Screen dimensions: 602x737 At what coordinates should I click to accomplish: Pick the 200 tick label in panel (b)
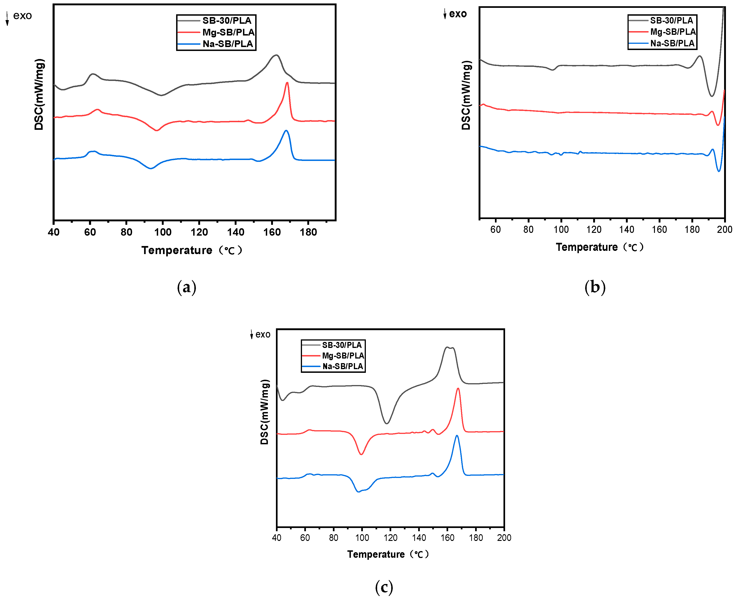click(725, 229)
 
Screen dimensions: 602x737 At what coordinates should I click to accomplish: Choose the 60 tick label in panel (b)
click(495, 229)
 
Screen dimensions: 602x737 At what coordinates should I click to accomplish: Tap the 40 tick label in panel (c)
click(277, 537)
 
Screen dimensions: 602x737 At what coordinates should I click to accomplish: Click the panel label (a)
click(186, 287)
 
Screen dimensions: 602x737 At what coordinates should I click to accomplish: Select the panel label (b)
click(595, 287)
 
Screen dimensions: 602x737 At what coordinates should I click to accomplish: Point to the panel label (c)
click(384, 587)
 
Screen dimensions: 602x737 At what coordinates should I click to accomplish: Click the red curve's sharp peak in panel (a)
click(287, 83)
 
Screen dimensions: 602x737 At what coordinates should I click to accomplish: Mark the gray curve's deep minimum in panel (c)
click(387, 423)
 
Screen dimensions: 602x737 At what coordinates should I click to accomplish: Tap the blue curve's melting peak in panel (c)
click(457, 436)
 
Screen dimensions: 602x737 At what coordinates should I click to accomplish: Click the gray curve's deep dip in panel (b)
click(711, 96)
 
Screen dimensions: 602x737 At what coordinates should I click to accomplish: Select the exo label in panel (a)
click(22, 16)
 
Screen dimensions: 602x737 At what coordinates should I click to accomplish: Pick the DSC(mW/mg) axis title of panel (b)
click(466, 95)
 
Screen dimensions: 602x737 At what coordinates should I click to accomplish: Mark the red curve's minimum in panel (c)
click(361, 454)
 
